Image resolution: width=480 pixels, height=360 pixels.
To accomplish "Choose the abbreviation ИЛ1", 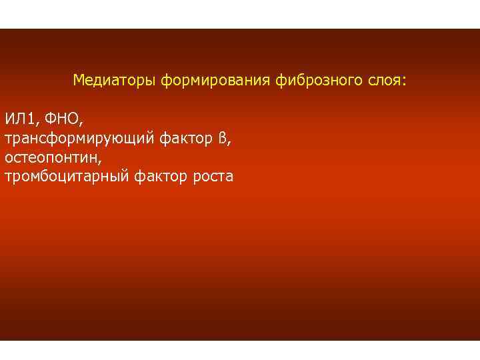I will (21, 119).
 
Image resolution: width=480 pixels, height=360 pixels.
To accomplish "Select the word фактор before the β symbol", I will (187, 139).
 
